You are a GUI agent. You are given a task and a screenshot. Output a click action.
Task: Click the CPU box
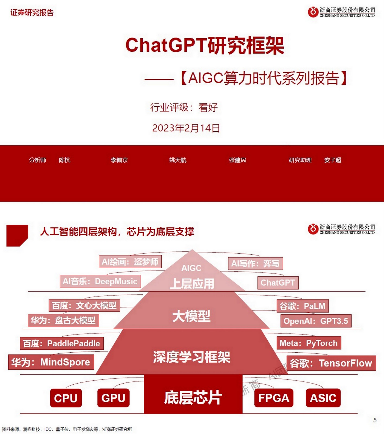66,398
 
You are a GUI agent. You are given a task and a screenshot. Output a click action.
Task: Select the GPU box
113,398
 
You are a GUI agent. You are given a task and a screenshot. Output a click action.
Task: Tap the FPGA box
274,398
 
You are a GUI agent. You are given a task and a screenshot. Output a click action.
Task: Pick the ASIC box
323,398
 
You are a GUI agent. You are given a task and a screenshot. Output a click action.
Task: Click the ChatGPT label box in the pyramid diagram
278,283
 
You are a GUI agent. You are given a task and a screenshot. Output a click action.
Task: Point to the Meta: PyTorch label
309,343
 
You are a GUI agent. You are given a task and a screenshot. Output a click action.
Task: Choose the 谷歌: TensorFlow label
331,363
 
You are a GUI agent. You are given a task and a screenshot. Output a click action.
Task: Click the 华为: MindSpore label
51,362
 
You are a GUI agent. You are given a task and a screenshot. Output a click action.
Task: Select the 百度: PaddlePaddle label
62,343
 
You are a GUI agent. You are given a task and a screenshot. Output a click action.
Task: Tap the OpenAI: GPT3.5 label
316,321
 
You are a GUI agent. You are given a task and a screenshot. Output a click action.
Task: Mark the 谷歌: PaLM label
302,306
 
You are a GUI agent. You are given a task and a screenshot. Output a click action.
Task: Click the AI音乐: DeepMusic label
100,281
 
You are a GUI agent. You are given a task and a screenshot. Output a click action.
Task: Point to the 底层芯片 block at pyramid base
193,397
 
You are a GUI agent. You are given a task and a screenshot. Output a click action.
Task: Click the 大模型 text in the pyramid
191,316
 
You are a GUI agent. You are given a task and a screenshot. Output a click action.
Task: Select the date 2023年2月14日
186,128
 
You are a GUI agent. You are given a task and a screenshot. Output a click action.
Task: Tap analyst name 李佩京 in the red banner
119,160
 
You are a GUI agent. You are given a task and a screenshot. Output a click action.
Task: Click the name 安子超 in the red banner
332,160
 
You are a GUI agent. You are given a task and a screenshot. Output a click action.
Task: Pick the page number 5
375,420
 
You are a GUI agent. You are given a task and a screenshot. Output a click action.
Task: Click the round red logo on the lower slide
313,229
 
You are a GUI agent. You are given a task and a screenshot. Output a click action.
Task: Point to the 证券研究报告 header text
32,12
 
